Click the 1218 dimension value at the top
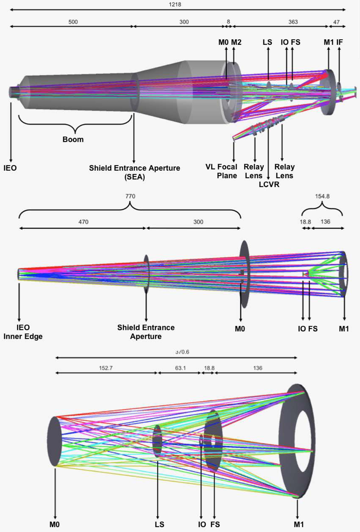click(175, 4)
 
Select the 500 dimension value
click(73, 22)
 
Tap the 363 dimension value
click(293, 22)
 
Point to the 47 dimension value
click(336, 22)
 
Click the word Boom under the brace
click(73, 139)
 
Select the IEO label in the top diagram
click(10, 168)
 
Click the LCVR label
click(269, 184)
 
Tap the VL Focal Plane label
click(221, 171)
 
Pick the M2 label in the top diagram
click(236, 42)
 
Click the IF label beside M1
click(339, 42)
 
